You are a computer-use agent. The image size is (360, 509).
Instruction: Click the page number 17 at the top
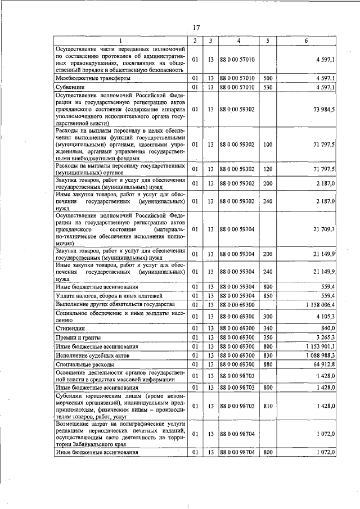pyautogui.click(x=196, y=28)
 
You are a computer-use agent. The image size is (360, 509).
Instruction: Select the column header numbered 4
pyautogui.click(x=238, y=41)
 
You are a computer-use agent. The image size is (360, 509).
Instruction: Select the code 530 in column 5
pyautogui.click(x=268, y=88)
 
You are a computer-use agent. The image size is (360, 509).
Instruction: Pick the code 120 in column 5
pyautogui.click(x=268, y=169)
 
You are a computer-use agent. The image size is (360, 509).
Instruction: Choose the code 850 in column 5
pyautogui.click(x=268, y=295)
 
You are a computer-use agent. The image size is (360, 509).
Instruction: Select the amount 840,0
pyautogui.click(x=327, y=328)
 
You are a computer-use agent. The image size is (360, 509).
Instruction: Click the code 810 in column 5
pyautogui.click(x=268, y=406)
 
